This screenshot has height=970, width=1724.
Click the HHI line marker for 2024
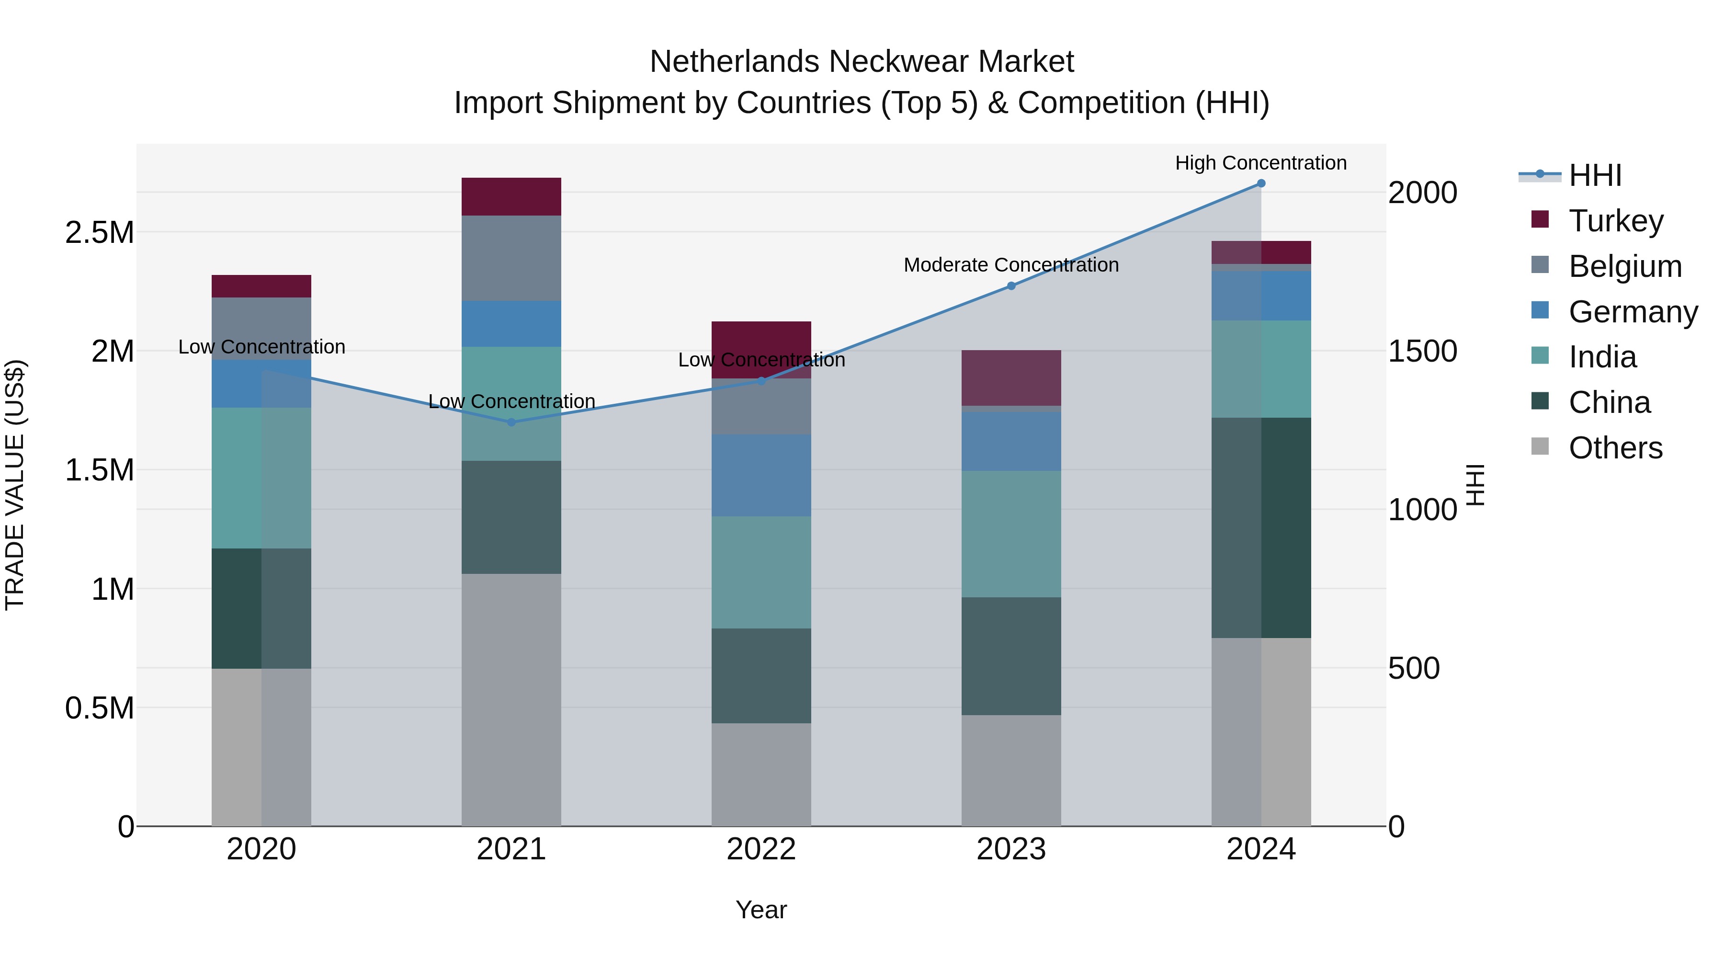[x=1261, y=183]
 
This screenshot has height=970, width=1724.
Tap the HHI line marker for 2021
[x=511, y=422]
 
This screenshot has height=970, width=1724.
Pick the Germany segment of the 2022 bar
[x=761, y=475]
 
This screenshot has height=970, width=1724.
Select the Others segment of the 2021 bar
[x=511, y=699]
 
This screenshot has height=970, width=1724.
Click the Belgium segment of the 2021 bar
[x=511, y=258]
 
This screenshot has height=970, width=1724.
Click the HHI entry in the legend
[x=1595, y=175]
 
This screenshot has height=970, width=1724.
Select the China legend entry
[x=1609, y=402]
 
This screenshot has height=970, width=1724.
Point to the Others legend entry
[x=1615, y=448]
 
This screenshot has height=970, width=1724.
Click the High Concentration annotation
[x=1261, y=163]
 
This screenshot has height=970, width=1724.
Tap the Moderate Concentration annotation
[x=1010, y=265]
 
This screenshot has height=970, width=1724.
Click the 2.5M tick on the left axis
[x=99, y=233]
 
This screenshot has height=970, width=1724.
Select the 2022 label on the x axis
[x=761, y=849]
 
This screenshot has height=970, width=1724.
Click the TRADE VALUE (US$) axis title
[x=15, y=485]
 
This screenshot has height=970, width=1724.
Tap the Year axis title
[x=761, y=910]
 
